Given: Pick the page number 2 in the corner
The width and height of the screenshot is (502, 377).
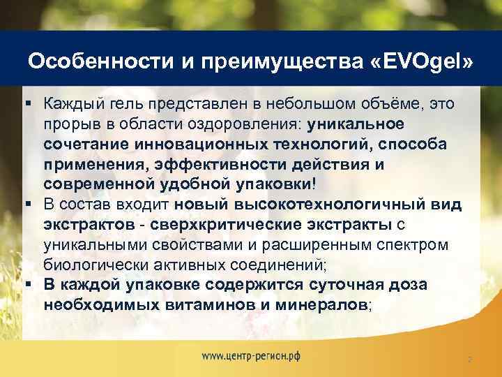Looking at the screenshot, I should (x=470, y=359).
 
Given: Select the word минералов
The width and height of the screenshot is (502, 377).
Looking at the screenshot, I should (x=316, y=304).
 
